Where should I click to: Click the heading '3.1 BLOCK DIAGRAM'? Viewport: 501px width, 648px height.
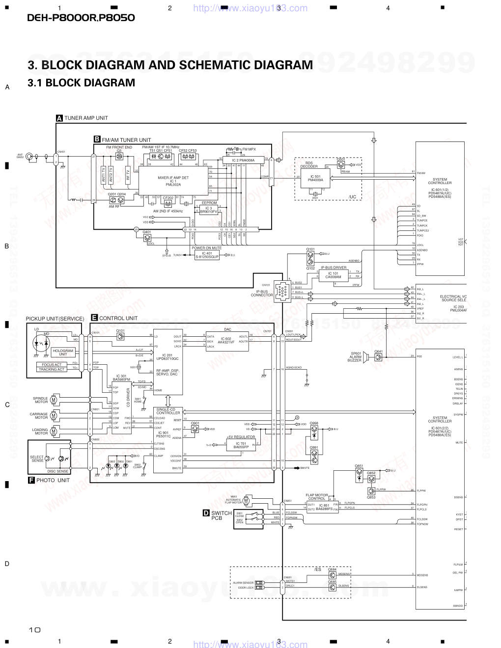coord(82,83)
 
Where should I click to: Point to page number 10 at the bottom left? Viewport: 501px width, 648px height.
coord(34,629)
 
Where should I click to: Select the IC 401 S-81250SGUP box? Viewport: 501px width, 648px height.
coord(207,255)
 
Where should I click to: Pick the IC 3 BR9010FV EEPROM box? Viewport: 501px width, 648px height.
coord(208,210)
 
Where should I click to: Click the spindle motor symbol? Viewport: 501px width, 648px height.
coord(54,401)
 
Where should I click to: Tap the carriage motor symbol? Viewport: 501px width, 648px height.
coord(54,416)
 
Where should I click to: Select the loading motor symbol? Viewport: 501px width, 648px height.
coord(54,432)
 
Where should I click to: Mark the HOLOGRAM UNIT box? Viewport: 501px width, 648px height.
coord(63,352)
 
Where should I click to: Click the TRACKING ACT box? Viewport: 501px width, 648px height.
coord(52,369)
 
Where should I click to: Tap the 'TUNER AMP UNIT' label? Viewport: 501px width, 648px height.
coord(86,118)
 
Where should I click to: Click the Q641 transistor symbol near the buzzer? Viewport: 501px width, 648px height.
coord(379,357)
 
